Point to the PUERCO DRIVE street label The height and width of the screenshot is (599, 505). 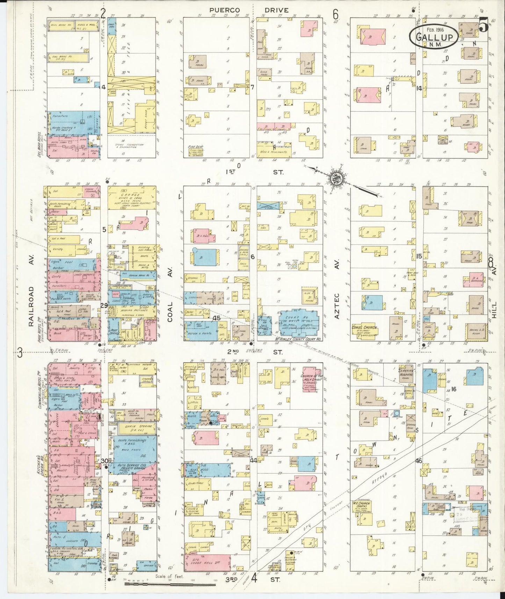(249, 10)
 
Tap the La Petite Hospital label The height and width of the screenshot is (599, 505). (406, 372)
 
